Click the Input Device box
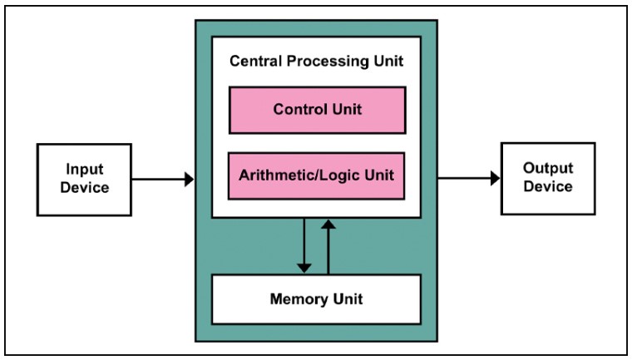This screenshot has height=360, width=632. (x=84, y=180)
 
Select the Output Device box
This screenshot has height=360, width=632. (x=548, y=179)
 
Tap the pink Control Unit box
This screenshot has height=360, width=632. (x=317, y=110)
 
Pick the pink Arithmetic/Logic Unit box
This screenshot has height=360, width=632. (x=316, y=175)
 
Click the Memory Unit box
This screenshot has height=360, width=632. (x=316, y=299)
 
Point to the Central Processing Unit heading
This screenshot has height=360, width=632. (x=316, y=62)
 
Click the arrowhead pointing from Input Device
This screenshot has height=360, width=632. (x=189, y=180)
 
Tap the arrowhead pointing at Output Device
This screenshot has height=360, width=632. (x=496, y=178)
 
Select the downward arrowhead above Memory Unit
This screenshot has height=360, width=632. (x=304, y=268)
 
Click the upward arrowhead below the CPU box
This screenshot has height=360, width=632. (x=328, y=224)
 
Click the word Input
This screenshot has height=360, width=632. (x=85, y=170)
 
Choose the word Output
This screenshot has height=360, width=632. (x=548, y=168)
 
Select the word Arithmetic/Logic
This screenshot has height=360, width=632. (x=299, y=175)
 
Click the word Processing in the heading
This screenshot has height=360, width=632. (x=328, y=62)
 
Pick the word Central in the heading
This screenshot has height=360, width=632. (x=256, y=62)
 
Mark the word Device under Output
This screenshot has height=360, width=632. (x=548, y=187)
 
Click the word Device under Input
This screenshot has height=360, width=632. (x=85, y=188)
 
